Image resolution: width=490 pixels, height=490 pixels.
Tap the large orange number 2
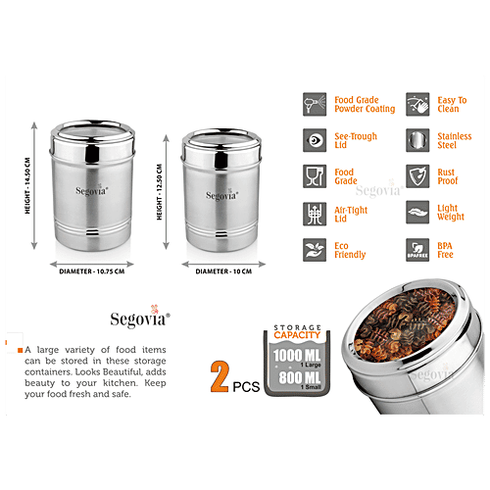pyautogui.click(x=220, y=374)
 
